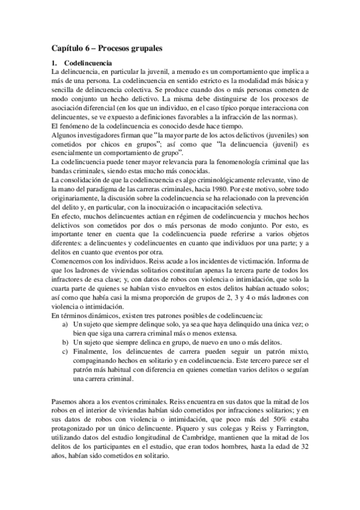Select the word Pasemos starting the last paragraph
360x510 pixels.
point(66,400)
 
